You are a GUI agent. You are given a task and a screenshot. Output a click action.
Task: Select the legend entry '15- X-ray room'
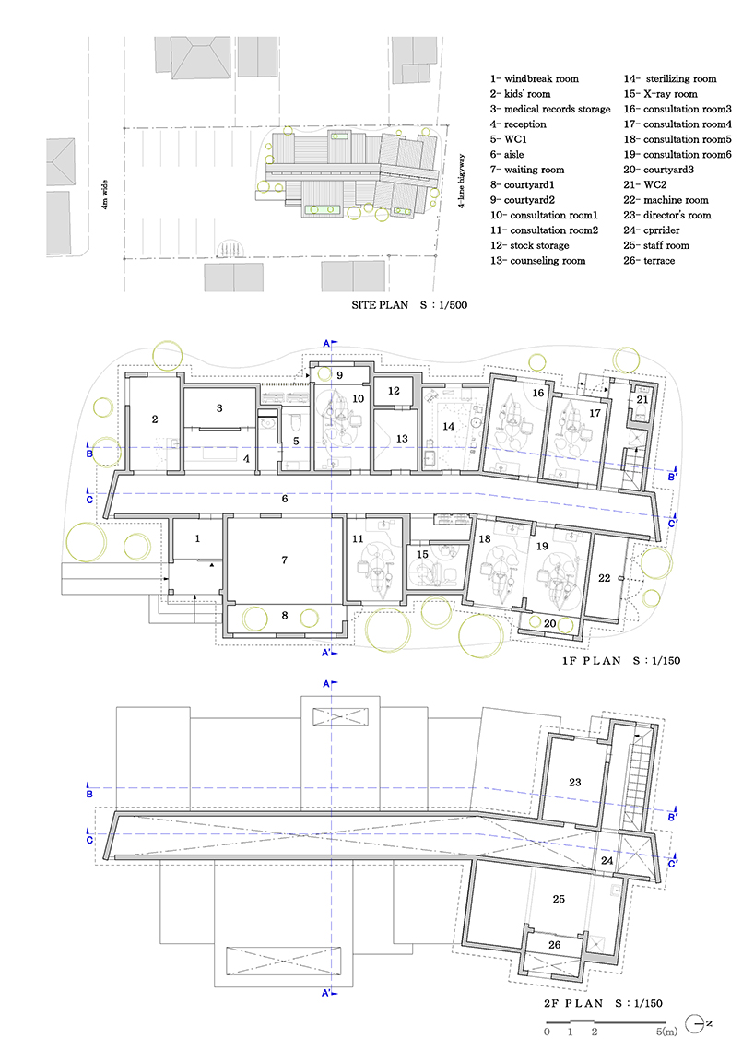[x=660, y=93]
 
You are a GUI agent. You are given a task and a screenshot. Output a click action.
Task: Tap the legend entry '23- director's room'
[x=666, y=215]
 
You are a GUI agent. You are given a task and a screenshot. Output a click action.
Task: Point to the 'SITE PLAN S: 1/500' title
[x=409, y=305]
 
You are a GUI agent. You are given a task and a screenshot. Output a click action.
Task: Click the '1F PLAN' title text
[x=592, y=660]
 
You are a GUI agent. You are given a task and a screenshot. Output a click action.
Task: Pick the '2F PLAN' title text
[x=573, y=1003]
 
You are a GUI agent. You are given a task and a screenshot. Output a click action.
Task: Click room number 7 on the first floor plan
[x=285, y=560]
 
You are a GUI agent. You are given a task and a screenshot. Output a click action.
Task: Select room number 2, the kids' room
[x=155, y=419]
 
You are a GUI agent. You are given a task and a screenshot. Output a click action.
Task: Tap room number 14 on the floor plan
[x=449, y=426]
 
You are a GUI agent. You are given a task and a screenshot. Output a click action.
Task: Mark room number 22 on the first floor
[x=605, y=578]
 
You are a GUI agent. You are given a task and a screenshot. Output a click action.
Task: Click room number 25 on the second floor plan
[x=559, y=899]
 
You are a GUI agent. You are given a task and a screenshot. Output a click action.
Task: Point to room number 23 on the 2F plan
[x=574, y=782]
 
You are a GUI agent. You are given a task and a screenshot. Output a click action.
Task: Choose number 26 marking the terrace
[x=554, y=944]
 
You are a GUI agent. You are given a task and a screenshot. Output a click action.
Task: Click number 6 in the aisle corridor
[x=285, y=499]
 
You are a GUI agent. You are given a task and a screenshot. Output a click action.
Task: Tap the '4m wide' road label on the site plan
[x=104, y=195]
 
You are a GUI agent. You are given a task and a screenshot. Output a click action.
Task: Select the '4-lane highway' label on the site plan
[x=462, y=181]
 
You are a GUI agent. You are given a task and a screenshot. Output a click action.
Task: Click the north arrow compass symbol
[x=694, y=1024]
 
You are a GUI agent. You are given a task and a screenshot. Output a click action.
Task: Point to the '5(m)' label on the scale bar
[x=666, y=1032]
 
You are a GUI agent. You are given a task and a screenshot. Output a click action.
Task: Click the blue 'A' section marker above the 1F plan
[x=327, y=343]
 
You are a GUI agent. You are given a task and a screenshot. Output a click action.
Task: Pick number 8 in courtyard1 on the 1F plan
[x=285, y=615]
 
